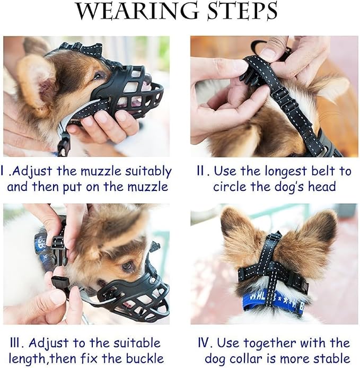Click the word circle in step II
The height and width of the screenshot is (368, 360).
click(231, 187)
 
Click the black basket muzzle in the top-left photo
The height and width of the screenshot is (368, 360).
click(127, 93)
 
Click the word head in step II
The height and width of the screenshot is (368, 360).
click(323, 187)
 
